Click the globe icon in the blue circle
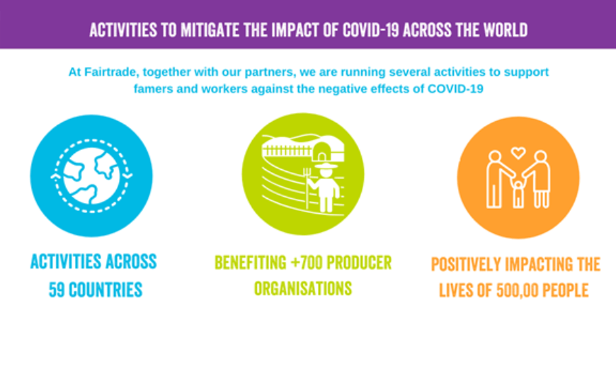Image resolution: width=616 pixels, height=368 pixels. point(91,176)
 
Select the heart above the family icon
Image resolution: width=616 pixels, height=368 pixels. point(518,153)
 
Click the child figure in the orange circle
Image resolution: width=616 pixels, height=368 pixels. point(518,193)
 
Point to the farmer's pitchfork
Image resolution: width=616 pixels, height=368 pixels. point(307,188)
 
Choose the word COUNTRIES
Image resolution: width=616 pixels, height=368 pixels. point(105,290)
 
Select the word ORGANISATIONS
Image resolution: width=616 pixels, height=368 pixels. point(303,289)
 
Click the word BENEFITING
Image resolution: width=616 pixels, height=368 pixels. point(251,263)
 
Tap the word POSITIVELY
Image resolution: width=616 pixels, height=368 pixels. point(466,264)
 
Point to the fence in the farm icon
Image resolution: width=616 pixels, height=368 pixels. point(287,151)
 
